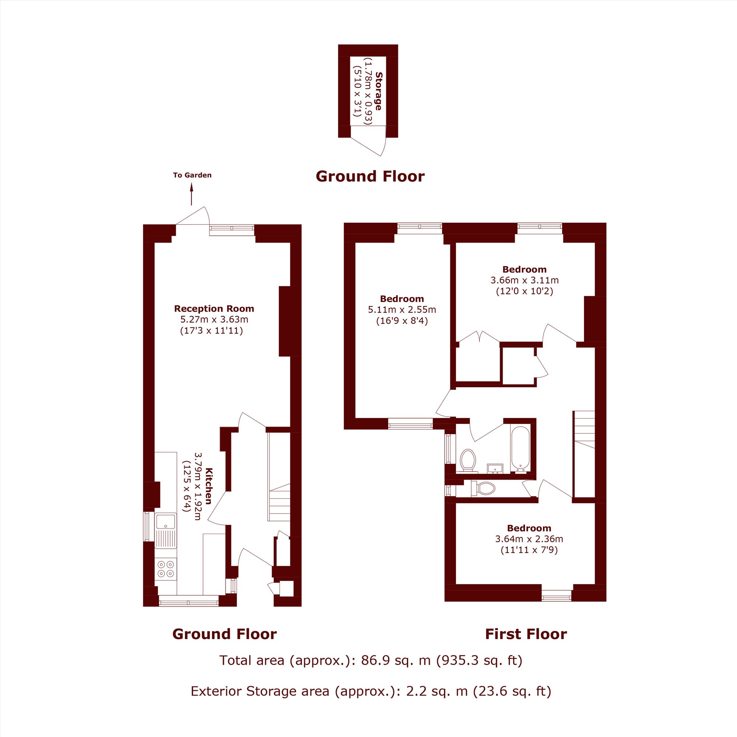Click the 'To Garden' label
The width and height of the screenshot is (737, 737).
pyautogui.click(x=192, y=175)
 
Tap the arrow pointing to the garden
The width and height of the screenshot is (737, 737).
pyautogui.click(x=192, y=194)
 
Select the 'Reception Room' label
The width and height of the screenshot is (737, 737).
pyautogui.click(x=214, y=308)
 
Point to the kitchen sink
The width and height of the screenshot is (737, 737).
pyautogui.click(x=166, y=530)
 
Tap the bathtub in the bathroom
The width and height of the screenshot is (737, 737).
pyautogui.click(x=520, y=448)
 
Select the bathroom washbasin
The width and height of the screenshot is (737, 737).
pyautogui.click(x=496, y=468)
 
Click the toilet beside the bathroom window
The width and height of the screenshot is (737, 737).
pyautogui.click(x=468, y=460)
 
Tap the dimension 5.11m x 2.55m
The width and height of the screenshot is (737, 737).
pyautogui.click(x=402, y=310)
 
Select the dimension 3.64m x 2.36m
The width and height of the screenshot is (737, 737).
pyautogui.click(x=529, y=539)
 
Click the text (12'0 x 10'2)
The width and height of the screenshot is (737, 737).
pyautogui.click(x=524, y=291)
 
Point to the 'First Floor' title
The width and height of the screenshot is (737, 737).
pyautogui.click(x=526, y=634)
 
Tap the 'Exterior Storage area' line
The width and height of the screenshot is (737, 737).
pyautogui.click(x=371, y=691)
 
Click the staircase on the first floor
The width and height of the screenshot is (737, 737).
pyautogui.click(x=584, y=454)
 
